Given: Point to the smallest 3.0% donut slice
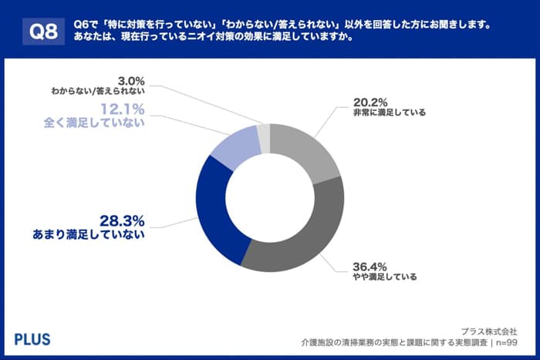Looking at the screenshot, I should pyautogui.click(x=264, y=136).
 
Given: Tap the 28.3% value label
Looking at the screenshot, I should pyautogui.click(x=122, y=220).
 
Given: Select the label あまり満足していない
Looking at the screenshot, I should pyautogui.click(x=100, y=235).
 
